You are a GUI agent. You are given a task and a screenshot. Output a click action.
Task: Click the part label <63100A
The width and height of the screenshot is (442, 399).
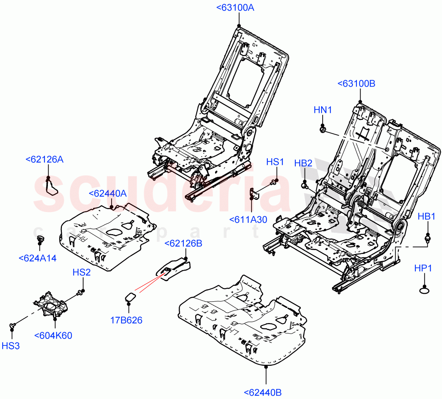coord(235,7)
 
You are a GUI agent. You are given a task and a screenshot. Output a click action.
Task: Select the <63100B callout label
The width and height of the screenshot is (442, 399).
coord(356,84)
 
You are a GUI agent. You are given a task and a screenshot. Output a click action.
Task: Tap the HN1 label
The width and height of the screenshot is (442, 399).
coord(323,110)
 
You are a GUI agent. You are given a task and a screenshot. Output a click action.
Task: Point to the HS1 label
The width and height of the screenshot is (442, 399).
coord(275,162)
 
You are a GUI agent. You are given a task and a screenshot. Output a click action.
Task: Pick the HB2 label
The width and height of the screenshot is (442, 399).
coord(303,163)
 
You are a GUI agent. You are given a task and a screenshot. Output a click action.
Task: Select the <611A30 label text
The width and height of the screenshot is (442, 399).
coord(248,219)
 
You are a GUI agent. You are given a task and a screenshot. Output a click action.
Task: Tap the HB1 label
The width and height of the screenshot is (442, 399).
coord(427,216)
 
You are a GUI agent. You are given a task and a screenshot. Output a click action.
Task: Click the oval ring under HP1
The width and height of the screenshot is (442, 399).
coord(425,292)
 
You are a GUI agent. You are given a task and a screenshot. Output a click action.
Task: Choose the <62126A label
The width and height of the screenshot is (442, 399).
coord(45,159)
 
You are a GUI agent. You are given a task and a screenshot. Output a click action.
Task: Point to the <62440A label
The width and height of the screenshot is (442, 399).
coord(108,193)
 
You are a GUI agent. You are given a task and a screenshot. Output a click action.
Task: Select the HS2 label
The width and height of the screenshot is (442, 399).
coord(81,272)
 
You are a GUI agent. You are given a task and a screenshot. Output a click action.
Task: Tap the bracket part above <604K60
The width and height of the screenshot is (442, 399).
coord(51,304)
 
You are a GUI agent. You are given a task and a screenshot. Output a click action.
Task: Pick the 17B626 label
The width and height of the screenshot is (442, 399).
coord(126,320)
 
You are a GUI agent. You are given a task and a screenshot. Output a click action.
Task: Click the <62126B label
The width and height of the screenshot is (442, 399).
coord(183,243)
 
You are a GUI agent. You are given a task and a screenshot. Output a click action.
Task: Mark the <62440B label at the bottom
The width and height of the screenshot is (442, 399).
coord(263,393)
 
